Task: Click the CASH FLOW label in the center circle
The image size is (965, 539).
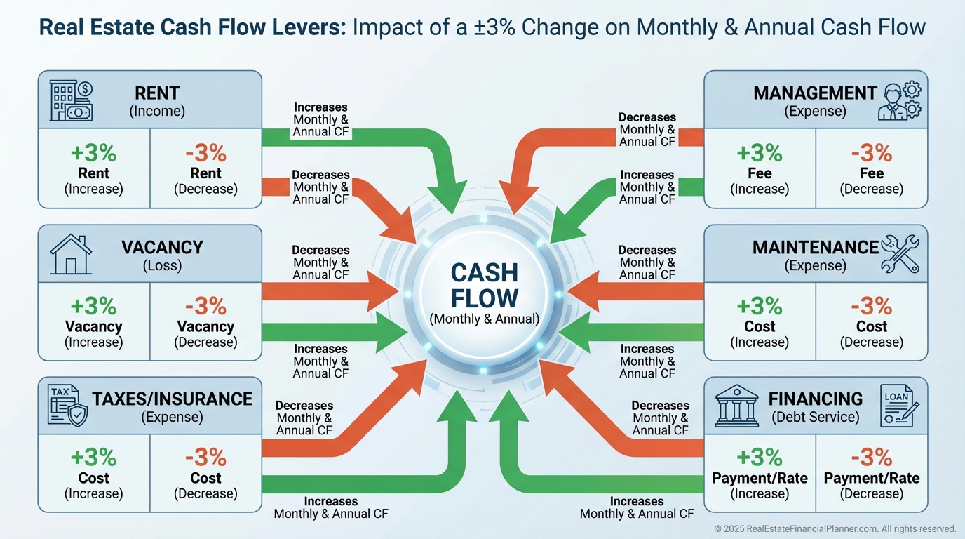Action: click(484, 285)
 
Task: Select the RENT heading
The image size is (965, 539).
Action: click(157, 93)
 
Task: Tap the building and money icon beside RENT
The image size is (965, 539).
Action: click(72, 100)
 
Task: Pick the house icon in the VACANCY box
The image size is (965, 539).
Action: click(71, 254)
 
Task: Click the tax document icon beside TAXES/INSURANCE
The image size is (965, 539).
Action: click(68, 405)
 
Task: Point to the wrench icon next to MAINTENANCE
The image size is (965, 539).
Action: click(900, 254)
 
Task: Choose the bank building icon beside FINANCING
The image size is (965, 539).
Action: click(736, 405)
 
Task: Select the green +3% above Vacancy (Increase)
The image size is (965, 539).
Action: click(93, 307)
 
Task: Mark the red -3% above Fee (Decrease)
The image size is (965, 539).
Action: click(871, 153)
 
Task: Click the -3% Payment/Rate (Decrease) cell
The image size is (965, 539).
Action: click(871, 474)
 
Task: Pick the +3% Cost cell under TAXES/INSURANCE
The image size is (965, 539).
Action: click(93, 474)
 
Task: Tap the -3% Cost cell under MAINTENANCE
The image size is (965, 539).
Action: click(871, 322)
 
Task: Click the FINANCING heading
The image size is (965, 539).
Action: click(816, 399)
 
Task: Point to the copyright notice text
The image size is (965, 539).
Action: click(835, 528)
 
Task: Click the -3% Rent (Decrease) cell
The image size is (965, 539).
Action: click(205, 169)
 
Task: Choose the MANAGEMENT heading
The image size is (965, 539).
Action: click(815, 93)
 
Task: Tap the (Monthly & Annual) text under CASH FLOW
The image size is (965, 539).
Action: click(484, 319)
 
